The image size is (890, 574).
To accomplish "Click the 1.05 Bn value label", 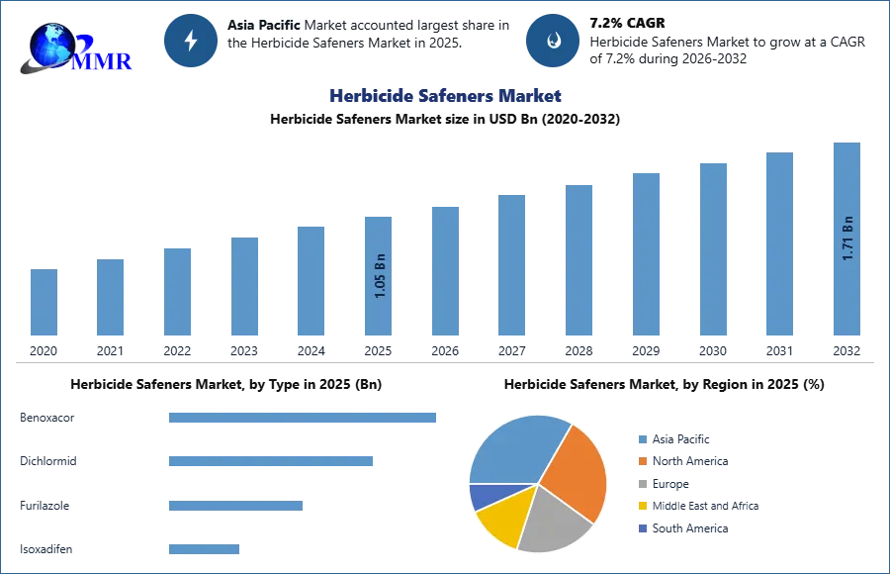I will pos(381,279).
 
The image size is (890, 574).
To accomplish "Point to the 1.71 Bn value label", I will pos(847,238).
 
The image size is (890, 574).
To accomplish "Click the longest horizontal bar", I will pos(304,420).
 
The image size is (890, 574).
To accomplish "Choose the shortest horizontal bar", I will pos(205,546).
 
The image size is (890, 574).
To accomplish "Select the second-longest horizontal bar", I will pos(272,460).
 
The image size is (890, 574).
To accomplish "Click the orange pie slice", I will pos(574,473).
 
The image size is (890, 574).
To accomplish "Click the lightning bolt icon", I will pos(191,41).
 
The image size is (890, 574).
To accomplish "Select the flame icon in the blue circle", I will pos(553,41).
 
